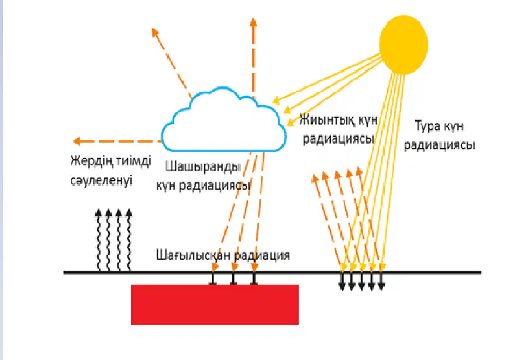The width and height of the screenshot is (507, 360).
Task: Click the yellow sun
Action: (x=403, y=44)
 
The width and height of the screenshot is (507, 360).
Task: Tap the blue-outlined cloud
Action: (x=224, y=120)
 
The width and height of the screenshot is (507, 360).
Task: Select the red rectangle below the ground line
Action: (x=215, y=304)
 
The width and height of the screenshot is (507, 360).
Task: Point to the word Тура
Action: (x=427, y=126)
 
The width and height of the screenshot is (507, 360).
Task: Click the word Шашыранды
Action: (x=203, y=167)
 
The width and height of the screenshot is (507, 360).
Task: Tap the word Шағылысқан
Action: (x=193, y=255)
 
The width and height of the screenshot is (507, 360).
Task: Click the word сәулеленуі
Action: (x=102, y=181)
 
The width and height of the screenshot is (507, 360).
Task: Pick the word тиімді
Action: (x=134, y=161)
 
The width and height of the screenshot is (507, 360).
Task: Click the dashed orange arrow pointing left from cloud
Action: (x=118, y=141)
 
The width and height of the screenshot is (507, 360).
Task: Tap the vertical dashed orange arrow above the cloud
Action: (x=254, y=58)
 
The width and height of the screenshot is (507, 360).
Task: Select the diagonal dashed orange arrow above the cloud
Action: (x=172, y=63)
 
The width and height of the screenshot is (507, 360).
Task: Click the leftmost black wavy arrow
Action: (x=99, y=240)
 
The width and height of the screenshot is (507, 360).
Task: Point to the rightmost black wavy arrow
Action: (x=129, y=240)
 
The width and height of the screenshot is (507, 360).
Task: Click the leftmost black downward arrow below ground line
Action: (x=342, y=281)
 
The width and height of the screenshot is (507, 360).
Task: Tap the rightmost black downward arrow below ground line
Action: (x=381, y=281)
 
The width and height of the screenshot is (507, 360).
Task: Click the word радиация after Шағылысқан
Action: (x=261, y=256)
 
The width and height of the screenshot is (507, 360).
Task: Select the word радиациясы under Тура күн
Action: (x=440, y=146)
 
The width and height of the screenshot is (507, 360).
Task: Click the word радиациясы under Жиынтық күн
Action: (x=339, y=139)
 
